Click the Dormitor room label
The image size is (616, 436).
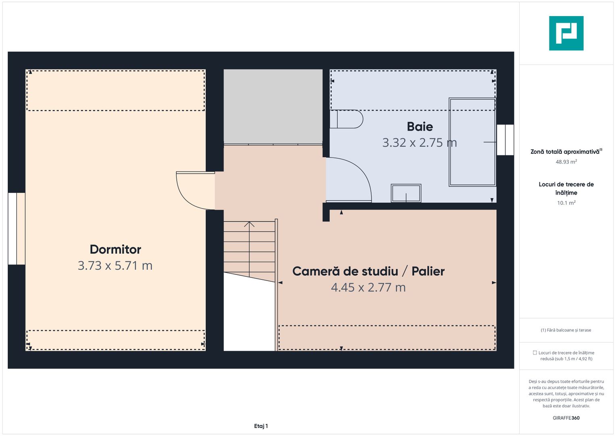pos(115,249)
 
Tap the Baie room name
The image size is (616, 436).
pos(420,127)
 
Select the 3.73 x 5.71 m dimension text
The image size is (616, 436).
pos(115,266)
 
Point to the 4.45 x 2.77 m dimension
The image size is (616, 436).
pos(368,287)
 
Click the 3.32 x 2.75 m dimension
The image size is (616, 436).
pos(420,143)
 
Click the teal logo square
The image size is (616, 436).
pos(566,33)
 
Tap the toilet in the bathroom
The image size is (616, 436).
pos(347,119)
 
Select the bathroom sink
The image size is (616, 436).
pos(406,193)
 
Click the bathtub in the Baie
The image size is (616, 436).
pos(472,142)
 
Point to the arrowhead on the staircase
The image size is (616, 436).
pos(249,224)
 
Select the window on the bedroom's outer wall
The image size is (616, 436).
pos(17,229)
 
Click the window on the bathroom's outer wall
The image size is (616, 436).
pos(505,140)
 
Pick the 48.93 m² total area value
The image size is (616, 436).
pos(566,162)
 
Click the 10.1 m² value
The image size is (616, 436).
pos(566,203)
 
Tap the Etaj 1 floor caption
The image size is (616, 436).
pos(261,426)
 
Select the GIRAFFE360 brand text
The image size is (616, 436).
pos(566,418)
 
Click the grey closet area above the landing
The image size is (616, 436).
pos(273,107)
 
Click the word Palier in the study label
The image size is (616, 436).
pos(428,271)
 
